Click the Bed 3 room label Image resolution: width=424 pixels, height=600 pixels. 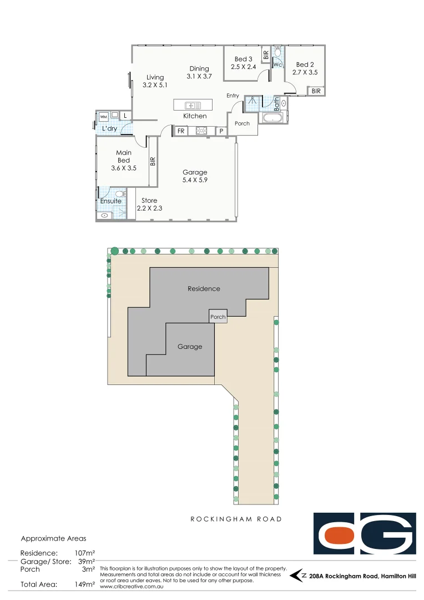click(243, 59)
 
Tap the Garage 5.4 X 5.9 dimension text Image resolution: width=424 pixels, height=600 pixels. click(194, 180)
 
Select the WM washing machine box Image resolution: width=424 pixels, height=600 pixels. click(103, 117)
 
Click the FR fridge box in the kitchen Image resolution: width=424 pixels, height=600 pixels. click(180, 131)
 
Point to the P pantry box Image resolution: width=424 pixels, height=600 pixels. click(221, 131)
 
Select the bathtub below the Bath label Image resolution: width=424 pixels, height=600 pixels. click(272, 118)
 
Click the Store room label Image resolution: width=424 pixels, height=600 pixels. click(149, 201)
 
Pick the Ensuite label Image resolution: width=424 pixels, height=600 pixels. click(110, 201)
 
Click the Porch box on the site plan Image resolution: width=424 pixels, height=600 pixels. click(218, 317)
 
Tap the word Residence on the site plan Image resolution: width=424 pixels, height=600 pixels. click(204, 288)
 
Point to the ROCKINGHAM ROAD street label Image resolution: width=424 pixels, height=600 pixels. click(236, 519)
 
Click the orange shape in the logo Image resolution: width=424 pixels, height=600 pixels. click(339, 535)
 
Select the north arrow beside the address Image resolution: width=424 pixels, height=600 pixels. click(299, 576)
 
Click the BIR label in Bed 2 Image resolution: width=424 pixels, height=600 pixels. click(316, 91)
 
